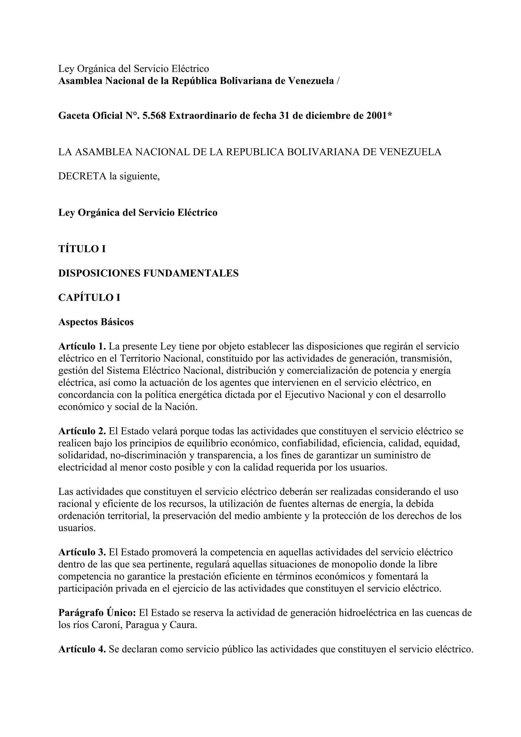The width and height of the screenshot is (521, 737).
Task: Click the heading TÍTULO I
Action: tap(82, 249)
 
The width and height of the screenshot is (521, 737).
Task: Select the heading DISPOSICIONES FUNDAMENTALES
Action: tap(148, 273)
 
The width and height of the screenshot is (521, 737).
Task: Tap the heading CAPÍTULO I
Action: tap(89, 298)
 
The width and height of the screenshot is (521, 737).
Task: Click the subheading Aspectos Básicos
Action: tap(96, 322)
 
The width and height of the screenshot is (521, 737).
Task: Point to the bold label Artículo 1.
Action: tap(82, 346)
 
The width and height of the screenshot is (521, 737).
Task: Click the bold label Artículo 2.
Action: tap(82, 431)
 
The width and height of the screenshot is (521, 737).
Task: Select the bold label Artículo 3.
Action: tap(82, 552)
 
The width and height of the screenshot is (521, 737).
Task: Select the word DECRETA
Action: tap(82, 176)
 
